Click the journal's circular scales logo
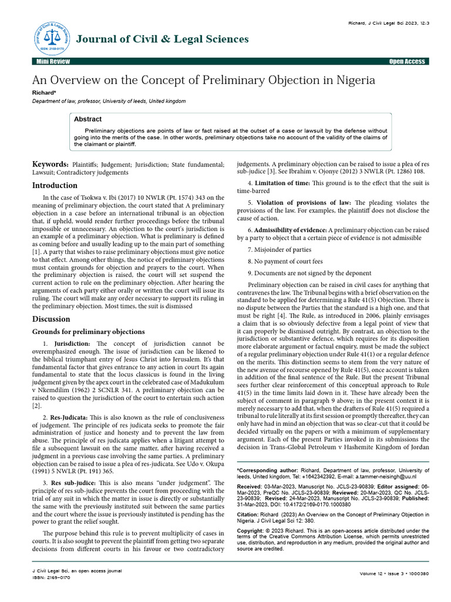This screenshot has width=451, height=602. [x=51, y=39]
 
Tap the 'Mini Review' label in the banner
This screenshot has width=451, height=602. [x=52, y=62]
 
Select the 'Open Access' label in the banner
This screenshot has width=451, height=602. [x=407, y=62]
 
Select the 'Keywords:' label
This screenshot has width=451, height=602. [x=49, y=165]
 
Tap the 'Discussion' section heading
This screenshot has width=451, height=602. [x=51, y=319]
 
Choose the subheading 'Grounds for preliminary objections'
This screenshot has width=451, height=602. [x=87, y=332]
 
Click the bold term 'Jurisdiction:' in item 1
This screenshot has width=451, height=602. [x=72, y=343]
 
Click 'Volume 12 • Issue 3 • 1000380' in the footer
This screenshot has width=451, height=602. [x=394, y=573]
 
